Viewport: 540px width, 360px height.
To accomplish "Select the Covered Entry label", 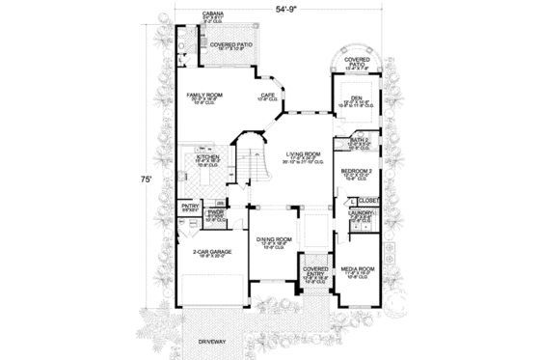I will click(315, 271).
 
